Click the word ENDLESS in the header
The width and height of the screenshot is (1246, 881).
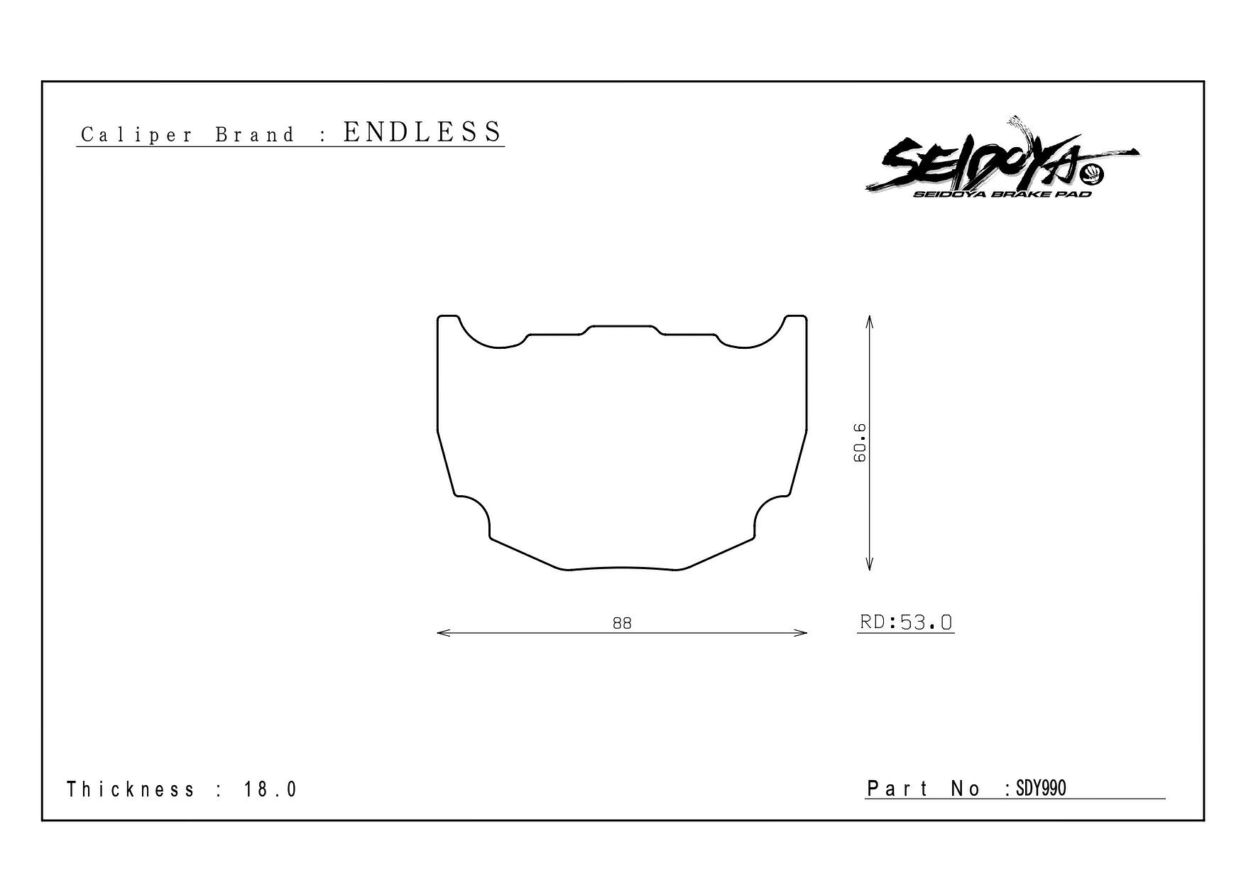[x=422, y=132]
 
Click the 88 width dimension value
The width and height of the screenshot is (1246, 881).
[x=622, y=623]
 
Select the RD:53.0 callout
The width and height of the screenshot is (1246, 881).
[x=906, y=622]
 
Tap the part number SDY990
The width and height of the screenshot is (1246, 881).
[x=1041, y=789]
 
